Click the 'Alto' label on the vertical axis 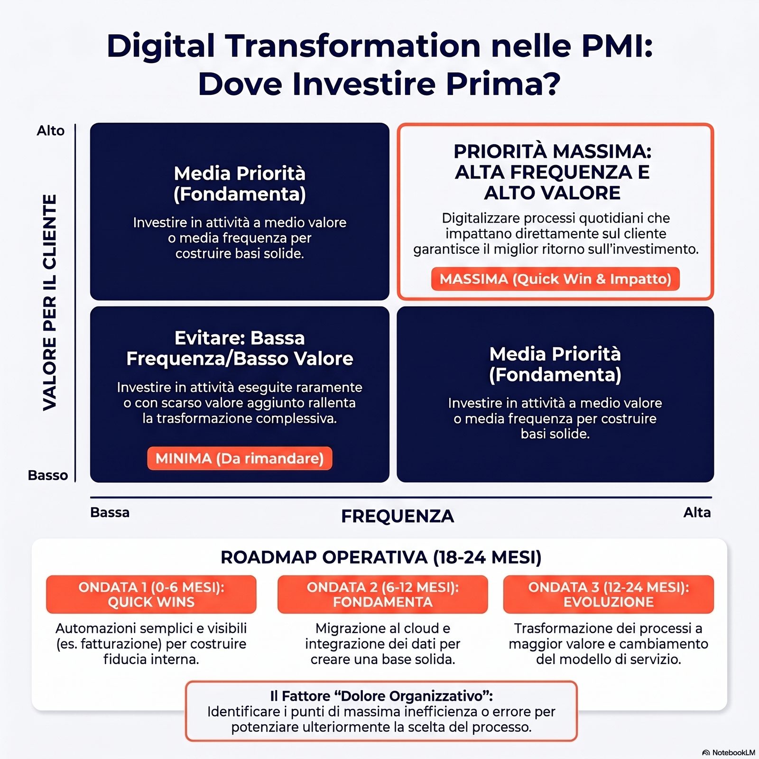(51, 130)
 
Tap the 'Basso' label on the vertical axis (48, 475)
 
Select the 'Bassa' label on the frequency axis (110, 512)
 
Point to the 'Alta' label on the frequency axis (697, 512)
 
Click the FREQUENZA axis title (398, 516)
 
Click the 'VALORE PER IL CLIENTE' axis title (50, 302)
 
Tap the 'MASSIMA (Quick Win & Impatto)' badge (555, 279)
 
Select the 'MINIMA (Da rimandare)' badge (240, 458)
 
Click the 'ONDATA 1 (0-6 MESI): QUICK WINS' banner (151, 594)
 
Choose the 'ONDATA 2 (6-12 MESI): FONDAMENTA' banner (382, 594)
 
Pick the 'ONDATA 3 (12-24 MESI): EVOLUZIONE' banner (609, 594)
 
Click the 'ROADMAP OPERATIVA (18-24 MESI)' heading (381, 557)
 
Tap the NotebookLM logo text (733, 752)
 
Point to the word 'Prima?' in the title (503, 84)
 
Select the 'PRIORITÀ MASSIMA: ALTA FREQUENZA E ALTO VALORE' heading (553, 172)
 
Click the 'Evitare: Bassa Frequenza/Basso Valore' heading (240, 348)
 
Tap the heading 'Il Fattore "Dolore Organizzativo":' (381, 696)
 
